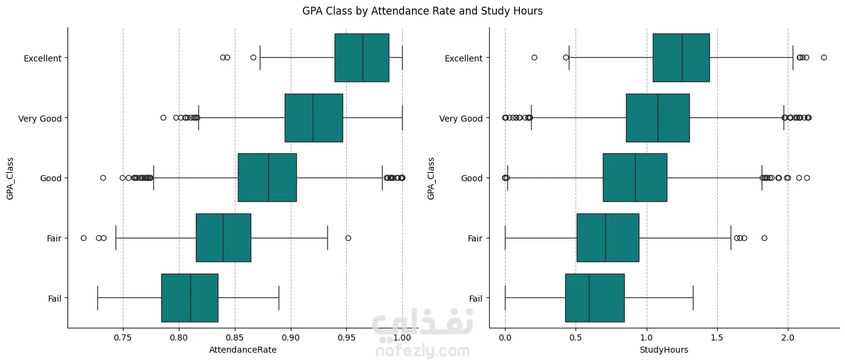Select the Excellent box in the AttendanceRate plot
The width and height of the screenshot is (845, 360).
(362, 58)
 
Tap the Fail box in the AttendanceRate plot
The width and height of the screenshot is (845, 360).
(189, 298)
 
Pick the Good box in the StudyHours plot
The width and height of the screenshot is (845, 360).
(635, 178)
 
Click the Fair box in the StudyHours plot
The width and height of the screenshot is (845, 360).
(608, 238)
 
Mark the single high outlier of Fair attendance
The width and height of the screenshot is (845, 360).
(348, 238)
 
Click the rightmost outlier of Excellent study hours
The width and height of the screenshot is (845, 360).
(824, 57)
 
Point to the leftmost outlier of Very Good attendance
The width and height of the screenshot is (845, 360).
(163, 117)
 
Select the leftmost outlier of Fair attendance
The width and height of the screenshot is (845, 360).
(83, 238)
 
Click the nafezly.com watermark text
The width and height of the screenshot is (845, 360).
(423, 351)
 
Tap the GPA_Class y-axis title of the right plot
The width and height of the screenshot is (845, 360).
(431, 178)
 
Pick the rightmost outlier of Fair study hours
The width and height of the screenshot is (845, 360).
(764, 238)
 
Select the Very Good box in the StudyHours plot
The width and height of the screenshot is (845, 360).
(658, 118)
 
